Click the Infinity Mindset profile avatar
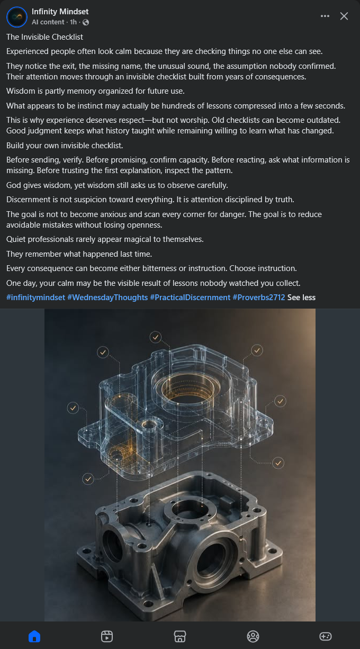pyautogui.click(x=17, y=17)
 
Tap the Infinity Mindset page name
pyautogui.click(x=60, y=12)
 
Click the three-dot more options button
pyautogui.click(x=325, y=16)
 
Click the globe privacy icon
pyautogui.click(x=86, y=22)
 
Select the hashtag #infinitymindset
pyautogui.click(x=35, y=298)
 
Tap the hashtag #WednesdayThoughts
pyautogui.click(x=107, y=298)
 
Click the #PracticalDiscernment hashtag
pyautogui.click(x=190, y=298)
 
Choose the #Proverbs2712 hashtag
pyautogui.click(x=259, y=298)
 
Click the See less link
pyautogui.click(x=301, y=298)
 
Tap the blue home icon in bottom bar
pyautogui.click(x=34, y=636)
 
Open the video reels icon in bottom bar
pyautogui.click(x=107, y=636)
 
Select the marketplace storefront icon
pyautogui.click(x=179, y=636)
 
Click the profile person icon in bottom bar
pyautogui.click(x=253, y=636)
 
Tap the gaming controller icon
pyautogui.click(x=326, y=636)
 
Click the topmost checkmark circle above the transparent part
pyautogui.click(x=156, y=337)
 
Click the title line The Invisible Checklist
pyautogui.click(x=44, y=37)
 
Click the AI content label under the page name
pyautogui.click(x=48, y=22)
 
